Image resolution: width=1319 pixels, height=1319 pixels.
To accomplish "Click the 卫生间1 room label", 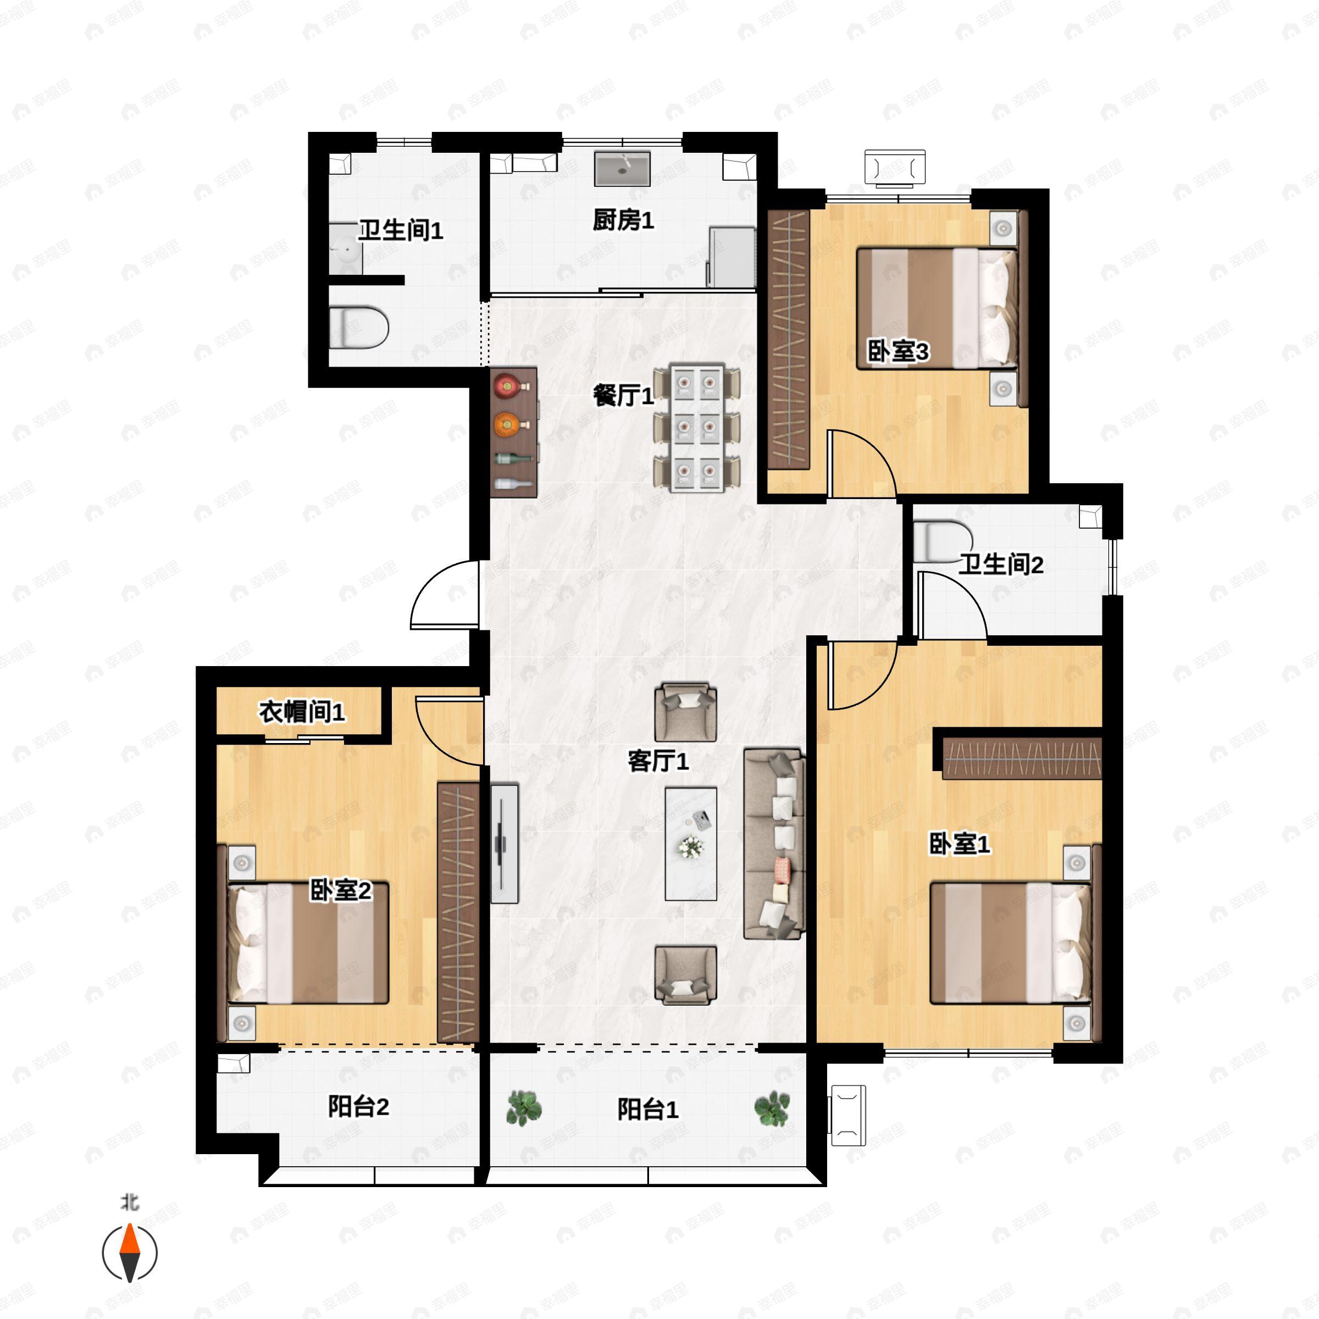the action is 401,230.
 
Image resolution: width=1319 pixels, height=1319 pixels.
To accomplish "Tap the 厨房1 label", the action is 623,220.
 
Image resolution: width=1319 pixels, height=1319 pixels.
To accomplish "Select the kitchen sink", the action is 622,169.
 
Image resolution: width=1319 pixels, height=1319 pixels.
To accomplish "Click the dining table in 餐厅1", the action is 696,428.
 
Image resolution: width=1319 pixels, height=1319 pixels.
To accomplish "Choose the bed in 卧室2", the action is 308,943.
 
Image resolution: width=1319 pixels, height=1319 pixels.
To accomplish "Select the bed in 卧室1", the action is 1011,943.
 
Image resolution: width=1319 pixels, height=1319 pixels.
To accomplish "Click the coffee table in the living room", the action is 691,844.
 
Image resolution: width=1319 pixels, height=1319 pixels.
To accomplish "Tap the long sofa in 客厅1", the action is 774,843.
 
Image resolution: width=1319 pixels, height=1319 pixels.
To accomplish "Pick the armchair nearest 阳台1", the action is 685,975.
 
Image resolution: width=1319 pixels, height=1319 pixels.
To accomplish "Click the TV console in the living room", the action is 505,843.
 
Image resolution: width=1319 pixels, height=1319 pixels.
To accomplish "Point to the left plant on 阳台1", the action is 524,1107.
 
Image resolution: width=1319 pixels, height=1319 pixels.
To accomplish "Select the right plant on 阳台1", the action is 772,1107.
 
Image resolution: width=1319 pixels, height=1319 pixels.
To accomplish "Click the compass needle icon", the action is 130,1253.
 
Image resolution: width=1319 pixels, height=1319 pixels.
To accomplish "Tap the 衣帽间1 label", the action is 302,712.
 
